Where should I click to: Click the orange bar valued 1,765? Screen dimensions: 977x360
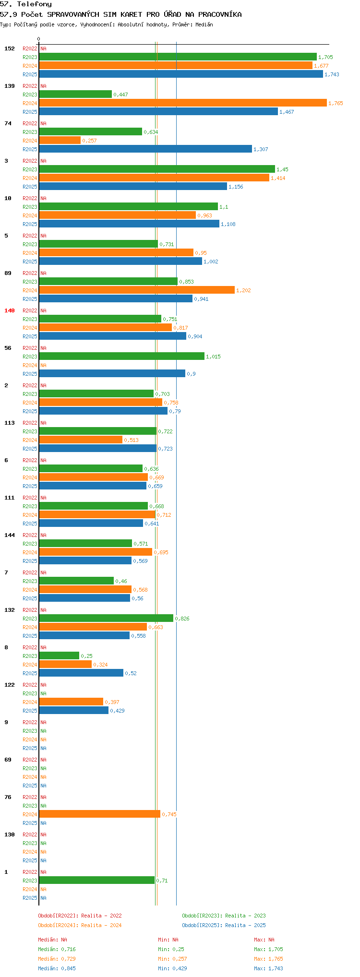[182, 103]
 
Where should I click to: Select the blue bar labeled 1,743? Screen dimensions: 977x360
[180, 74]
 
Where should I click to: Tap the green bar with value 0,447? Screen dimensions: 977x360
[75, 94]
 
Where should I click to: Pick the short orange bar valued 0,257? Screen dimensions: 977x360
[60, 140]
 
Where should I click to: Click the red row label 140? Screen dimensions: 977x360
[10, 310]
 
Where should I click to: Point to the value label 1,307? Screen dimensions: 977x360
[261, 149]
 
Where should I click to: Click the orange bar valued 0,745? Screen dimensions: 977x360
[99, 814]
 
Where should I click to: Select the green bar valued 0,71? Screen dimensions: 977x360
[96, 880]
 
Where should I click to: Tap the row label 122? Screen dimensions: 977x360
[10, 685]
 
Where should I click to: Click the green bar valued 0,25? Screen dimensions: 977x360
[59, 655]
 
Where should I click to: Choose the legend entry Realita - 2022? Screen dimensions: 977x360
[80, 916]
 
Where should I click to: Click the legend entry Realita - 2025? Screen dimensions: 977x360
[224, 925]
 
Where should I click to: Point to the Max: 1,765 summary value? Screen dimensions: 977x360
[268, 959]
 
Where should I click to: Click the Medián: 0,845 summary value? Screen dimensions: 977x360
[57, 968]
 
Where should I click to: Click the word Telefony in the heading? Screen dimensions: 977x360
[34, 4]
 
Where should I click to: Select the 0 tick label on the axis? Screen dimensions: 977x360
[39, 39]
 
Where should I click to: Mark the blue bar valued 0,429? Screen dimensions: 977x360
[73, 710]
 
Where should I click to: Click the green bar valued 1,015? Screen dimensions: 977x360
[121, 356]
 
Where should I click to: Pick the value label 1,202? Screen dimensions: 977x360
[243, 290]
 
